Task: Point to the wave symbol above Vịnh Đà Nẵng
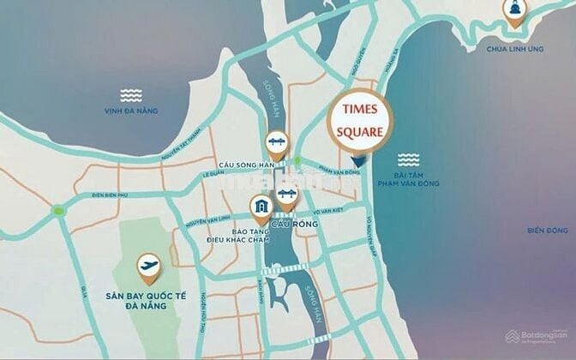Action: [x=131, y=94]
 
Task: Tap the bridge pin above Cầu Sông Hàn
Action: [x=276, y=142]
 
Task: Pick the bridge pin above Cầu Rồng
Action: [x=286, y=200]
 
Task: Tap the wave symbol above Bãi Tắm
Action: [x=406, y=159]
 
